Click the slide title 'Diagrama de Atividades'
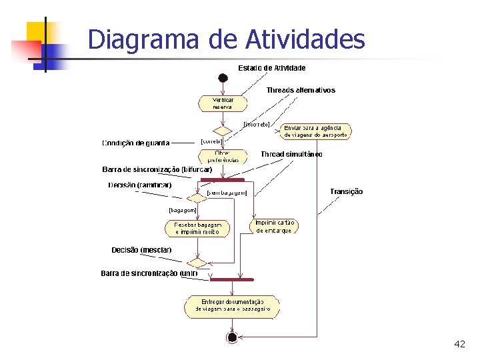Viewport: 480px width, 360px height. (x=226, y=39)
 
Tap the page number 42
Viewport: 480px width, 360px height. (x=459, y=344)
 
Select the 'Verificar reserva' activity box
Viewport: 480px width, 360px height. (x=223, y=103)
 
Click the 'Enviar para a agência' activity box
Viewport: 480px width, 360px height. (x=315, y=131)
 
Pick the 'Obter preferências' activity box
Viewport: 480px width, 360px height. (x=223, y=156)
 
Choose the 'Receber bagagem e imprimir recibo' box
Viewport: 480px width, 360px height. (x=197, y=229)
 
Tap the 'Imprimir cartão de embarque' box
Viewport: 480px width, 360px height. (x=274, y=226)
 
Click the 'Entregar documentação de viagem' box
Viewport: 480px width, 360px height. (x=232, y=306)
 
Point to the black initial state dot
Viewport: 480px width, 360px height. (x=223, y=78)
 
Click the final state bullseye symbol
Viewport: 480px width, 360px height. (x=232, y=337)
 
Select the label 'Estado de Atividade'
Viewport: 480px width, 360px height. (x=272, y=68)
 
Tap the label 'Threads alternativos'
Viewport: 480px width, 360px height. (x=301, y=90)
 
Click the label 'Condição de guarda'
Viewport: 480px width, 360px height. (x=136, y=143)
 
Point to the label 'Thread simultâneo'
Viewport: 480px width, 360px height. (x=291, y=154)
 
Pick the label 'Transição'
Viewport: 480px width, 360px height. (x=346, y=191)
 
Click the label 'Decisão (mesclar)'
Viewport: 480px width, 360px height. (x=141, y=250)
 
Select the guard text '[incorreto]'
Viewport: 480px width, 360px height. (x=257, y=124)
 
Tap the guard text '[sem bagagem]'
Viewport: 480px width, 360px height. (x=227, y=193)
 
